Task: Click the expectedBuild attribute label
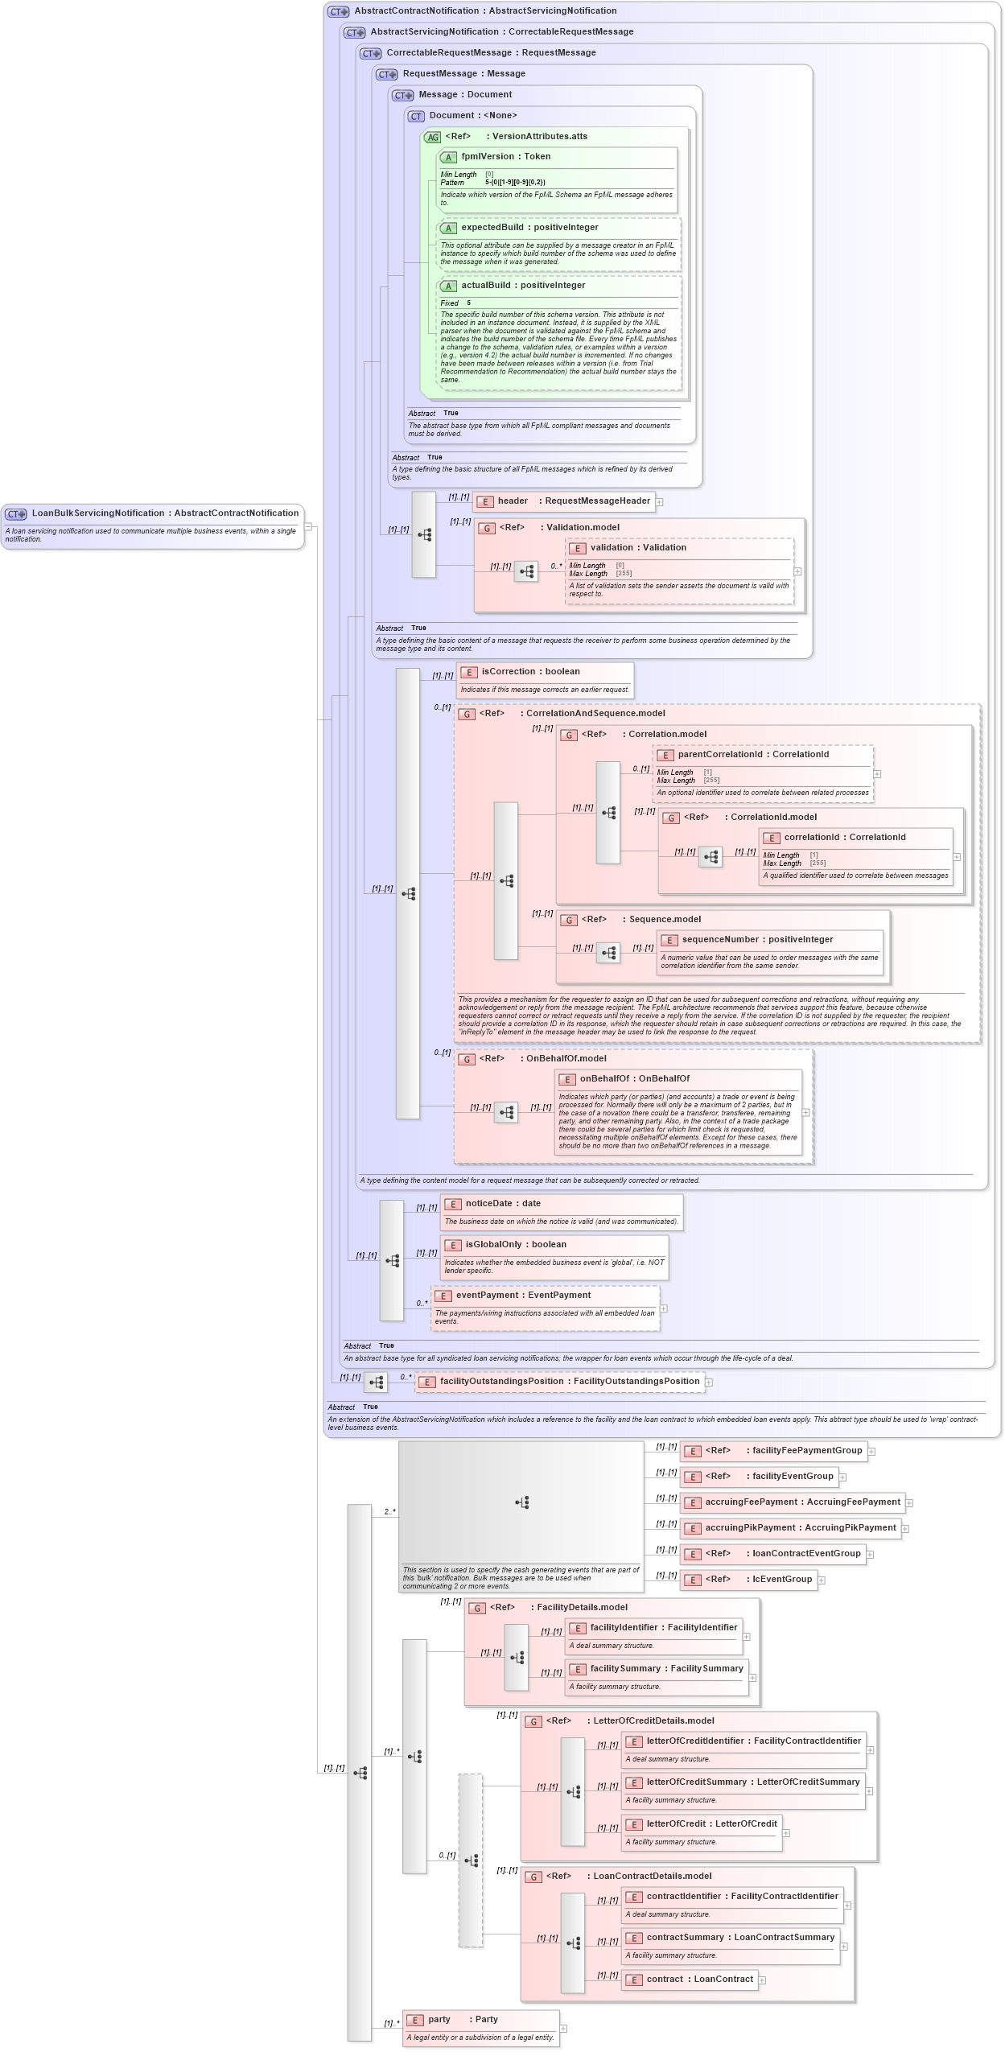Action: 529,228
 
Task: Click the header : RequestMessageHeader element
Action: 573,501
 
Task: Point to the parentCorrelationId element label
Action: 752,755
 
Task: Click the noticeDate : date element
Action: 502,1204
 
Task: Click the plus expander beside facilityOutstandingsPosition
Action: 709,1382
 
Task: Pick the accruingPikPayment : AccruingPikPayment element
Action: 800,1528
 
